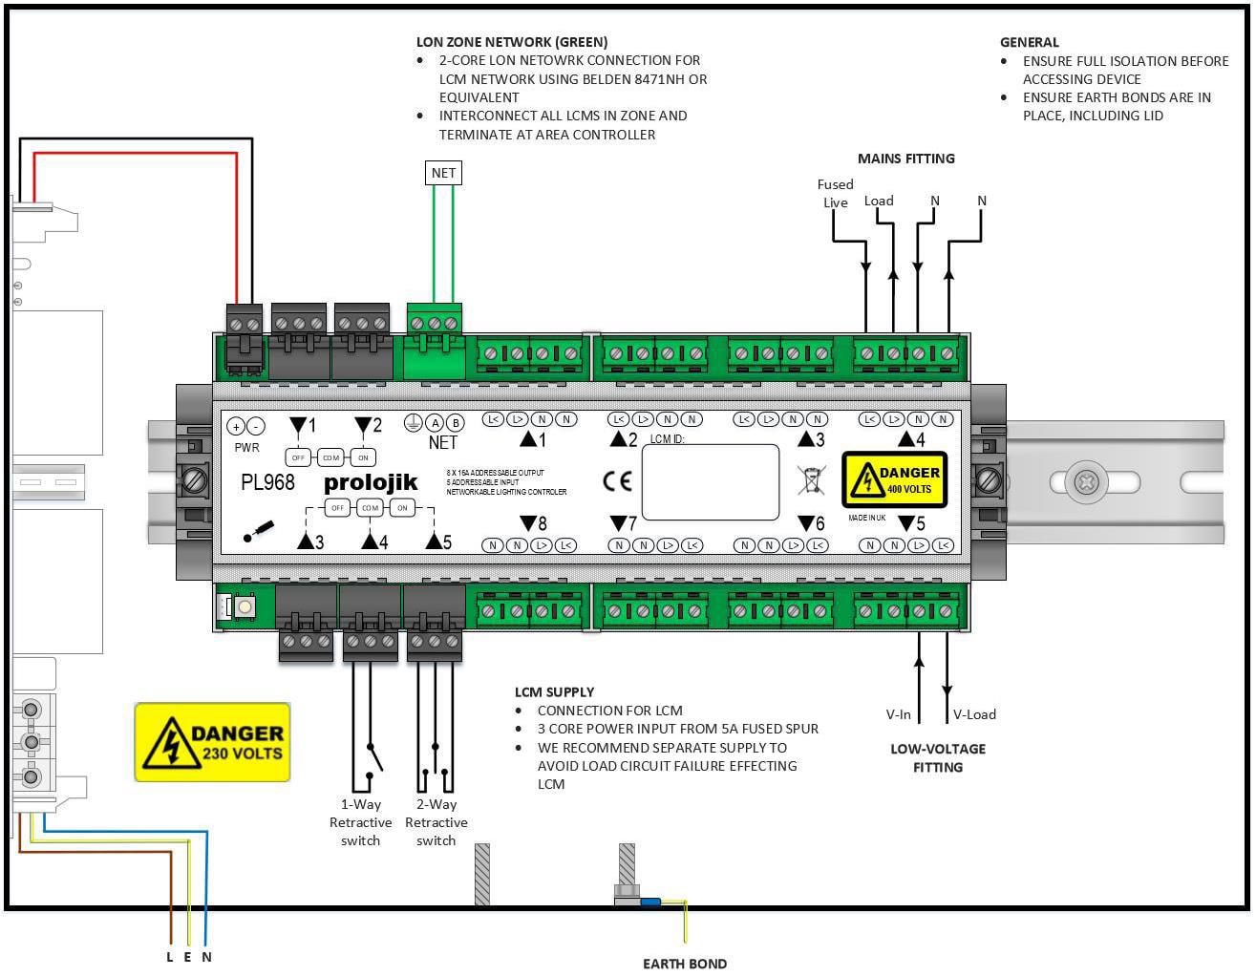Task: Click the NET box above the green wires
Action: click(x=443, y=173)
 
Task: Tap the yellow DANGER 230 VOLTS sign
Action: click(x=212, y=742)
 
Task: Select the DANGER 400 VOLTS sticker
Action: click(x=894, y=479)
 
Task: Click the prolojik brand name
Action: click(x=371, y=482)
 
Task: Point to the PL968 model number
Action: click(x=267, y=482)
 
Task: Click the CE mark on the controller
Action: click(x=617, y=480)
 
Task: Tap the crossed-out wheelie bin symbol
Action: click(x=811, y=479)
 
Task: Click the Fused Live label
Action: click(x=835, y=193)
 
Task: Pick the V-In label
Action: click(x=898, y=714)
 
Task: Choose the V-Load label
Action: click(x=974, y=714)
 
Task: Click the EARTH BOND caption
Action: click(x=684, y=964)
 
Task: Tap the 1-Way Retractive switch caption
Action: click(x=360, y=822)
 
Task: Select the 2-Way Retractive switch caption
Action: click(x=436, y=822)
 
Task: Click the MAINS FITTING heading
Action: click(x=905, y=159)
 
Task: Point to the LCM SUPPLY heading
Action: click(x=554, y=691)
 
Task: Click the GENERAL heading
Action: click(x=1029, y=42)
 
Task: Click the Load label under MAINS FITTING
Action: click(x=879, y=201)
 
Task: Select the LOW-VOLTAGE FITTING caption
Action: click(x=937, y=757)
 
